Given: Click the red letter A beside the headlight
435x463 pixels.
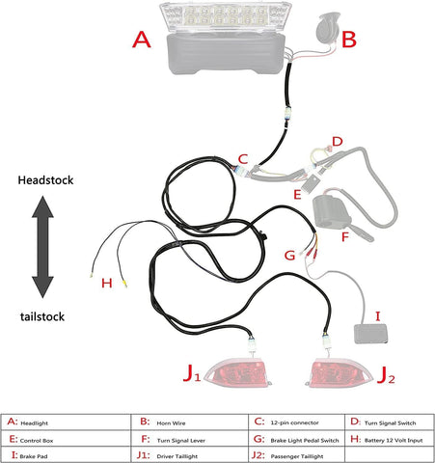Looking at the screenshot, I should pos(142,40).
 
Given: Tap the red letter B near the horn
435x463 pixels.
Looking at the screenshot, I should pos(350,41).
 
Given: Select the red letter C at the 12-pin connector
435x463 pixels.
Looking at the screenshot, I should pos(243,159).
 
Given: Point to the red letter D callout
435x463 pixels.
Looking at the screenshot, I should pos(337,142).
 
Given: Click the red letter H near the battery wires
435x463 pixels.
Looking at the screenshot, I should pos(106,284).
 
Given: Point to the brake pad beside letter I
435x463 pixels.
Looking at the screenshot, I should pos(371,334).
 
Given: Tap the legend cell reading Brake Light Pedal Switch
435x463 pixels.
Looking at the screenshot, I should pos(277,436).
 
